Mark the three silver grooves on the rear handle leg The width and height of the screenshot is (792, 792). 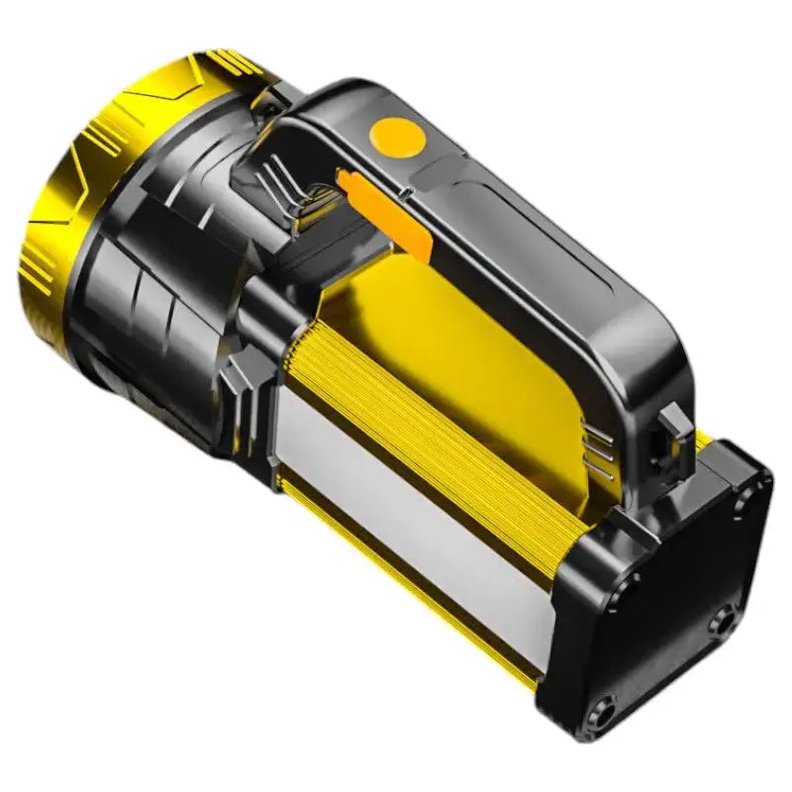click(x=596, y=447)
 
